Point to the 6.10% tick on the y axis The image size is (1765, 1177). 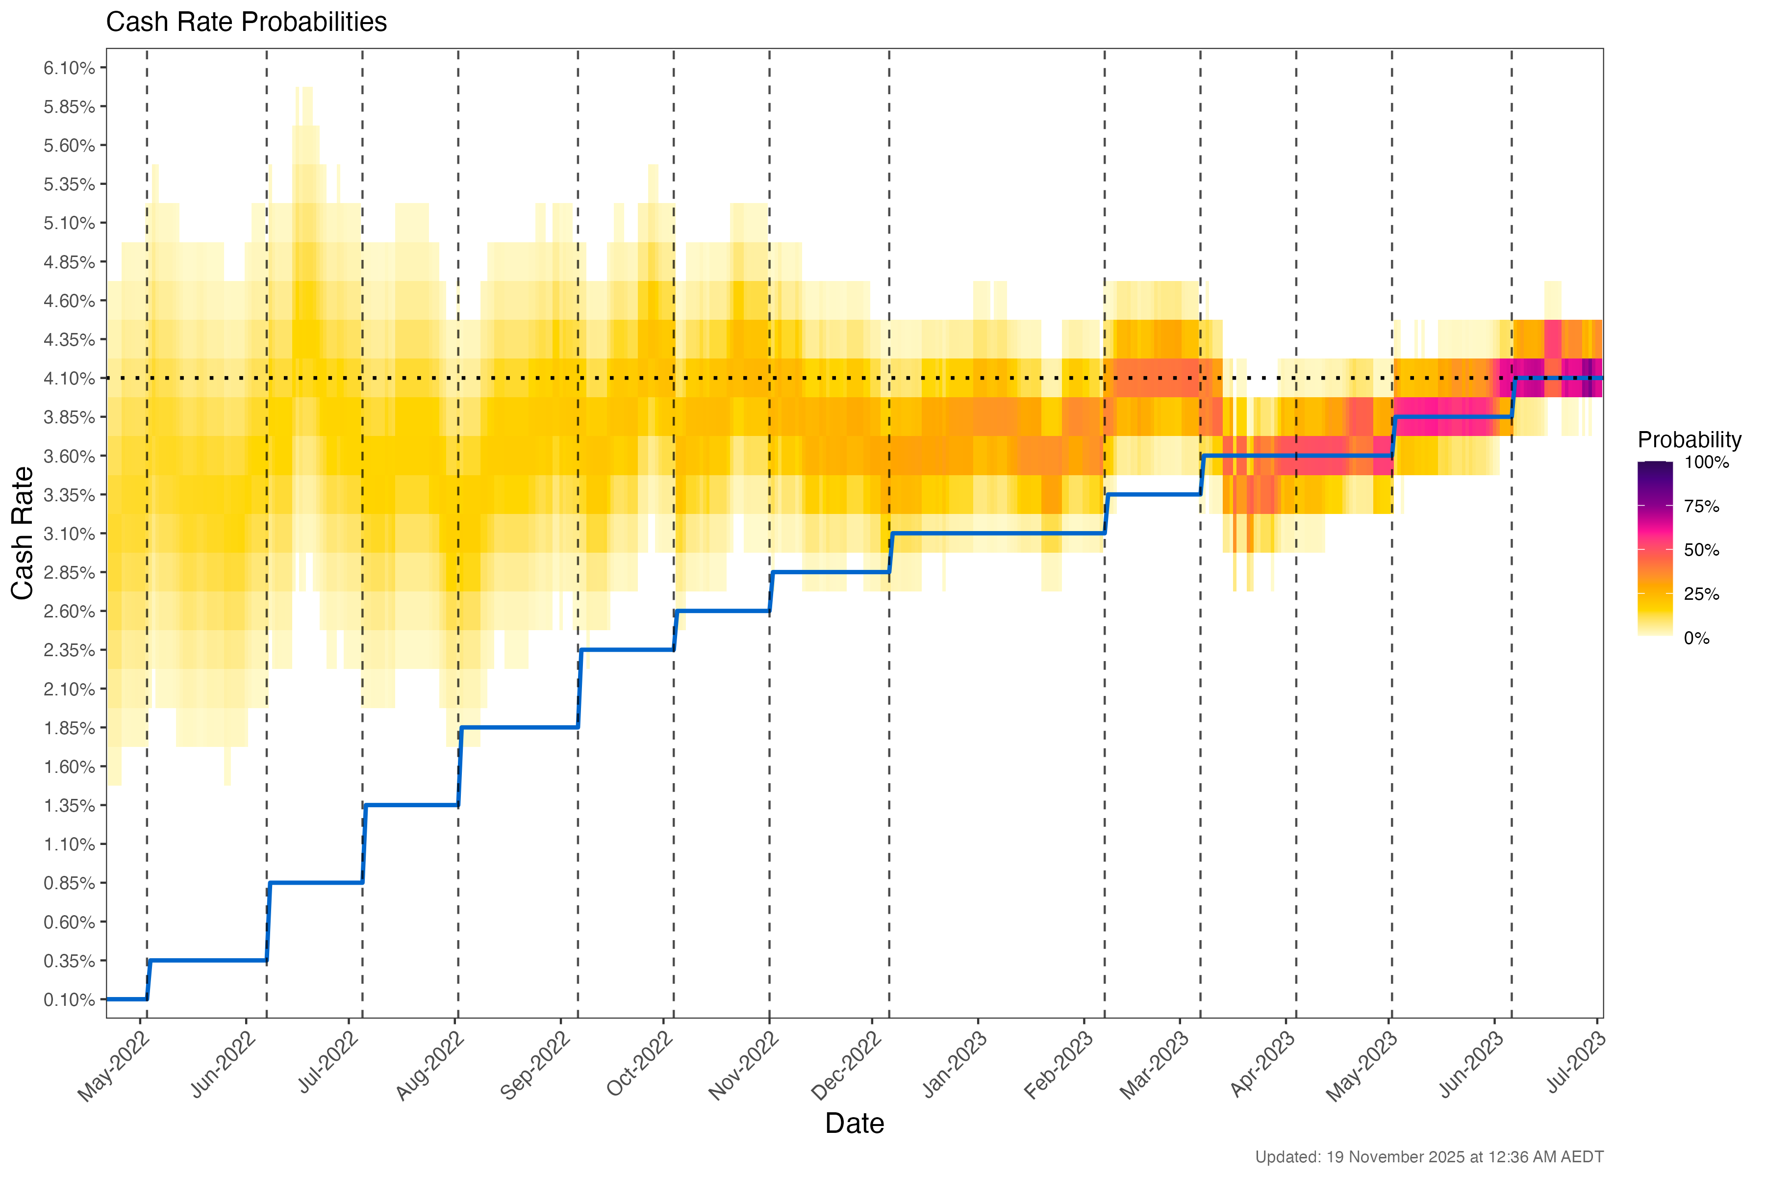69,68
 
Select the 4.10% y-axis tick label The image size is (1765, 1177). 69,378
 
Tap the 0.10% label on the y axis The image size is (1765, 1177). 69,1000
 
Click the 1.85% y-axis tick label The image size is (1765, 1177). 69,728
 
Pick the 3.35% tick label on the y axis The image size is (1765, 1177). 69,495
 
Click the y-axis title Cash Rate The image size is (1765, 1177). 23,533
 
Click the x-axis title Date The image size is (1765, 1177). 854,1123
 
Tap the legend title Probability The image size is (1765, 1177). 1689,440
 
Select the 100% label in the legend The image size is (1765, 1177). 1707,462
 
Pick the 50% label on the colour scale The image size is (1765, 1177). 1701,550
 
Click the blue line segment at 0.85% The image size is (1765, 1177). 315,883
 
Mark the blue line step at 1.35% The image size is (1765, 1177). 411,805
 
